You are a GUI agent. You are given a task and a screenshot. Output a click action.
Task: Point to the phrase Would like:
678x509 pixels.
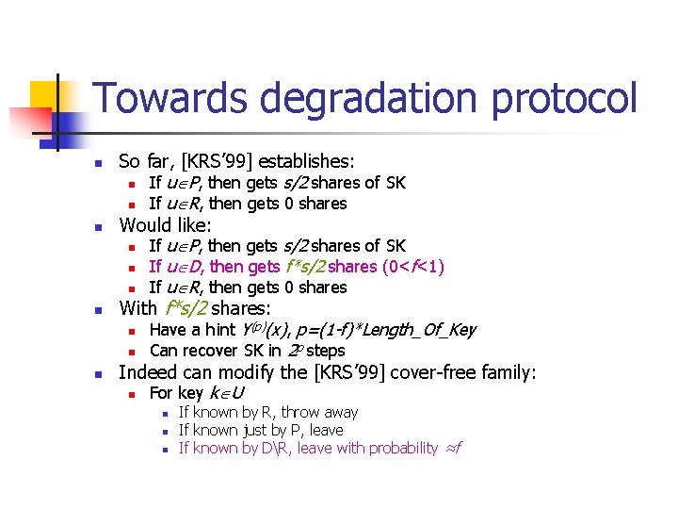point(165,225)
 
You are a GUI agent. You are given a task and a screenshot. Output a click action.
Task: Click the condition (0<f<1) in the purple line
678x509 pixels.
point(413,267)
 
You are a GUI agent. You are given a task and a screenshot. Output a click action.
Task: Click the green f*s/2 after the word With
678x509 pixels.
point(186,308)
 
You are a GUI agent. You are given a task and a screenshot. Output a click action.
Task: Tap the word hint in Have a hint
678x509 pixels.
point(218,330)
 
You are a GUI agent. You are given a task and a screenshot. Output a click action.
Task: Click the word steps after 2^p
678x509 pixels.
point(325,351)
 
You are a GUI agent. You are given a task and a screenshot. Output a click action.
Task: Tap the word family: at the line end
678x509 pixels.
point(508,372)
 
